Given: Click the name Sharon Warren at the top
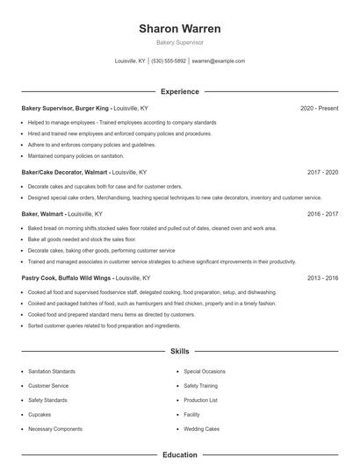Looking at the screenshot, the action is [x=180, y=29].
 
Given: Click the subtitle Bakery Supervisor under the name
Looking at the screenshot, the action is [x=180, y=43].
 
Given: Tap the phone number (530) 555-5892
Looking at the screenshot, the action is [x=169, y=61].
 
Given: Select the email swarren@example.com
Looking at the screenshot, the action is [x=218, y=61].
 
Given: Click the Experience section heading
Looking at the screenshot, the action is [x=180, y=91].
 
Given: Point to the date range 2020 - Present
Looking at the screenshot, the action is [x=319, y=108].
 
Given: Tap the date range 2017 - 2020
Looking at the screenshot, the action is [x=322, y=173].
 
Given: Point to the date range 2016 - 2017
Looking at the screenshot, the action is [x=322, y=213].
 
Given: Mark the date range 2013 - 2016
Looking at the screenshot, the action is [x=322, y=277].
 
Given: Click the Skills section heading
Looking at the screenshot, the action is [x=180, y=351].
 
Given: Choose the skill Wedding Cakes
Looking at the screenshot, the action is [x=201, y=429].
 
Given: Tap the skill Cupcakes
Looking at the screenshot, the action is [x=40, y=414].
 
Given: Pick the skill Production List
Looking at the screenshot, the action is [x=201, y=400].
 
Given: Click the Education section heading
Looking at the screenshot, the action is [x=180, y=455].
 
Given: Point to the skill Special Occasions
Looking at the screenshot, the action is [x=205, y=371].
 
